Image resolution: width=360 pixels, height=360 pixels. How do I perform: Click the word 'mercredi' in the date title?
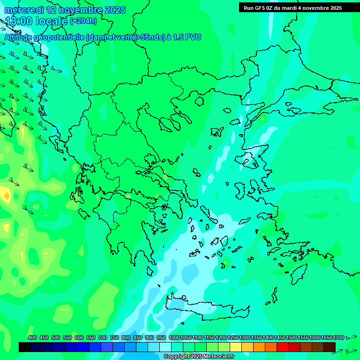tap(23, 10)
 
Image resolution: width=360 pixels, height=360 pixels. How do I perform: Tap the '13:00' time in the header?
tap(19, 21)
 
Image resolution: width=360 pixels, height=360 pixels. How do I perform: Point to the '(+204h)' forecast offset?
tap(83, 21)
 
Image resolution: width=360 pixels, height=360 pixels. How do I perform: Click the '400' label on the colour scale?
tap(32, 337)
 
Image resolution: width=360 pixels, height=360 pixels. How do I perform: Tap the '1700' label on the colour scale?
tap(338, 337)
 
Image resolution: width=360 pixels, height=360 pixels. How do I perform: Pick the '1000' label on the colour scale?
tap(174, 337)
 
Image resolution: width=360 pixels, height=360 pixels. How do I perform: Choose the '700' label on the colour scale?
tap(103, 337)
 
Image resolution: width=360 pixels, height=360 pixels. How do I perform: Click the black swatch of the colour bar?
tap(25, 347)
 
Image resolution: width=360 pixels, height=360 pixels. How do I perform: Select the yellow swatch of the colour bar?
tap(236, 347)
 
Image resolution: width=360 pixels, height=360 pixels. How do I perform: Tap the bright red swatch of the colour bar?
tap(283, 347)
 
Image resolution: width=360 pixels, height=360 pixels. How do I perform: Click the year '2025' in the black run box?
tap(333, 8)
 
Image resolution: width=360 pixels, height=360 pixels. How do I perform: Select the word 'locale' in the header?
tap(51, 21)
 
